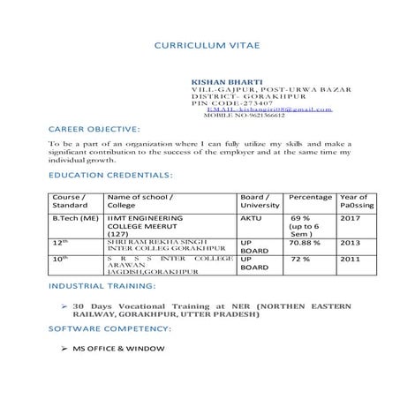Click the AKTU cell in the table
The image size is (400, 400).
pos(251,216)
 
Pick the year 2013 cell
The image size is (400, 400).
pos(351,239)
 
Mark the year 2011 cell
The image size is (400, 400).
pos(351,260)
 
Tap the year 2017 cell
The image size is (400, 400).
pos(351,216)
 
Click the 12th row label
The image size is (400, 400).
pos(60,239)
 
